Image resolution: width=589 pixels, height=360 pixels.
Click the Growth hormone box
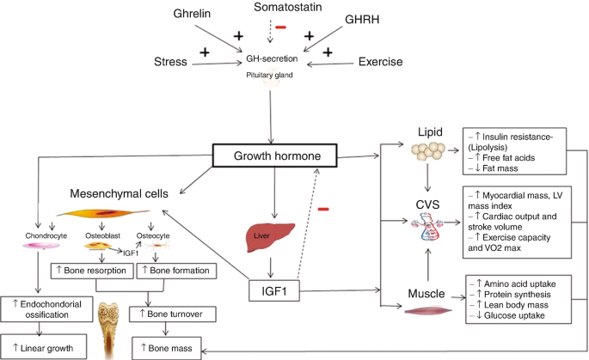tap(274, 156)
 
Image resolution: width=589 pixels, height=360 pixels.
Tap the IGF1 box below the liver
tap(274, 290)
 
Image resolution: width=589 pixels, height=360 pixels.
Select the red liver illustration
tap(270, 237)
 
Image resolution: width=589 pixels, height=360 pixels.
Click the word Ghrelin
tap(192, 14)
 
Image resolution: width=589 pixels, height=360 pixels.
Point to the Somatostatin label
tap(288, 7)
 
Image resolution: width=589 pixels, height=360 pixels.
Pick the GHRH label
tap(362, 20)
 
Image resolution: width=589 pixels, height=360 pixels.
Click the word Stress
tap(170, 62)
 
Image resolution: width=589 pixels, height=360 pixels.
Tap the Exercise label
tap(380, 62)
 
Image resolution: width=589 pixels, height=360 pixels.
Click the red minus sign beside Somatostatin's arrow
tap(280, 27)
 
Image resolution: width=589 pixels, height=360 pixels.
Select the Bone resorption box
tap(92, 271)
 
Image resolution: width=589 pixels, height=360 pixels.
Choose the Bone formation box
tap(176, 271)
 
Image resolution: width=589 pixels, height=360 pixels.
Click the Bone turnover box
tap(173, 314)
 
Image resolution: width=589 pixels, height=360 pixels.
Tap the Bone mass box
tap(167, 348)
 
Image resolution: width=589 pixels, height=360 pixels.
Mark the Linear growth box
tap(44, 348)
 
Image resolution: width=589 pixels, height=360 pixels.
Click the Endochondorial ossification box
tap(46, 309)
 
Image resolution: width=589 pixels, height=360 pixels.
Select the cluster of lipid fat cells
tap(428, 150)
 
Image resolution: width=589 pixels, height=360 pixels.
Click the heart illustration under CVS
tap(427, 226)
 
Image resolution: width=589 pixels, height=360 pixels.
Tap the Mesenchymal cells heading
tap(119, 193)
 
